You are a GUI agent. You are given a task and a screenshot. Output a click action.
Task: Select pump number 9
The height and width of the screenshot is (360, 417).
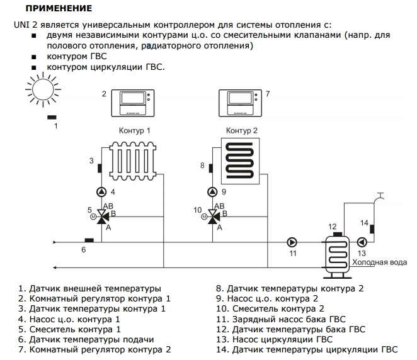[x=210, y=192]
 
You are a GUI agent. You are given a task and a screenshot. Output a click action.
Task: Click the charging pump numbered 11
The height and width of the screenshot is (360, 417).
[x=292, y=242]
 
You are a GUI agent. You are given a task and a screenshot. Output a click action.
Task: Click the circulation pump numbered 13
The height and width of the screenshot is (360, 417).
[x=362, y=242]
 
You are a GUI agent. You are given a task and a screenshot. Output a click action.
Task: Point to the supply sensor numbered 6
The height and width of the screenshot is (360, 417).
[x=89, y=240]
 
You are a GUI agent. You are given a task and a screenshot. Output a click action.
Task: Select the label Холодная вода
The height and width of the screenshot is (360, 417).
[x=379, y=262]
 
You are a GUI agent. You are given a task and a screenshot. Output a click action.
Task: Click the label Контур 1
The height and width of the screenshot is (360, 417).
[x=135, y=131]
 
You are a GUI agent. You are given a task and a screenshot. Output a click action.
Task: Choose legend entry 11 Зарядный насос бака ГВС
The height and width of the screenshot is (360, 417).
[x=280, y=319]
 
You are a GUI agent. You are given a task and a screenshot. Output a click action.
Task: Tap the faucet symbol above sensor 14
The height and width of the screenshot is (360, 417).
[x=379, y=198]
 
